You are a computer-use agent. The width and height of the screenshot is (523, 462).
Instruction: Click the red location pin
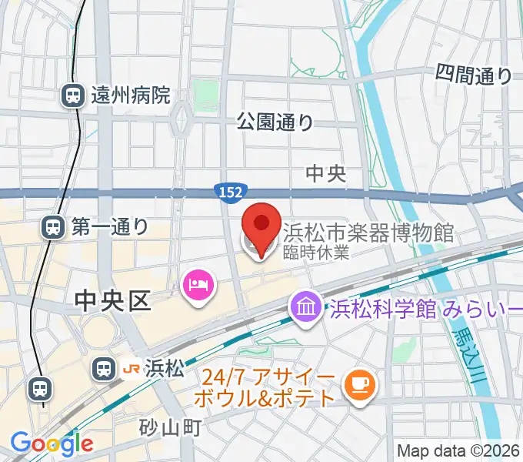click(260, 226)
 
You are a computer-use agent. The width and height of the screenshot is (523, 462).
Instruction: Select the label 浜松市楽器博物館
click(368, 232)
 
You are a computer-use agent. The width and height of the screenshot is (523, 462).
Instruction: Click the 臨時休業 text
click(316, 252)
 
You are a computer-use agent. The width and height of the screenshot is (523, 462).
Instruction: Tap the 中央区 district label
click(112, 301)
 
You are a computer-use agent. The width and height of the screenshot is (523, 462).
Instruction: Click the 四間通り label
click(474, 75)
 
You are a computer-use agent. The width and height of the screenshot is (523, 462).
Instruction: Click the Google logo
click(52, 443)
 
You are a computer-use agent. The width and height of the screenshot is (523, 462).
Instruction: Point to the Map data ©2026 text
click(457, 451)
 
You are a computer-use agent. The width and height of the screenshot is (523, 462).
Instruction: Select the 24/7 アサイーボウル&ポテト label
click(269, 388)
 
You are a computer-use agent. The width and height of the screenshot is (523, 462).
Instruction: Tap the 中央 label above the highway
click(326, 174)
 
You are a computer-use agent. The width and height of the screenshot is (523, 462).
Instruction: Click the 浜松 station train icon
click(102, 370)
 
